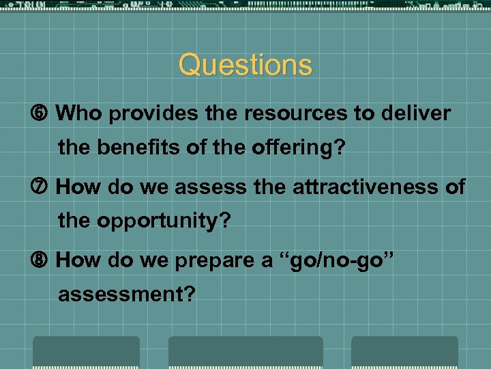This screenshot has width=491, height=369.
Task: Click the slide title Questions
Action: click(x=245, y=66)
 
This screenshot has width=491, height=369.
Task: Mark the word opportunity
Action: click(x=163, y=221)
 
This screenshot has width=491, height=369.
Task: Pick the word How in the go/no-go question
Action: click(x=76, y=260)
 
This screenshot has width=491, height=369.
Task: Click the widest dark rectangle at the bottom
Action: click(x=245, y=352)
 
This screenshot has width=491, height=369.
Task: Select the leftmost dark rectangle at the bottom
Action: click(x=87, y=352)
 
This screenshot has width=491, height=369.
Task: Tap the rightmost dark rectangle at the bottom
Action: click(x=404, y=352)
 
